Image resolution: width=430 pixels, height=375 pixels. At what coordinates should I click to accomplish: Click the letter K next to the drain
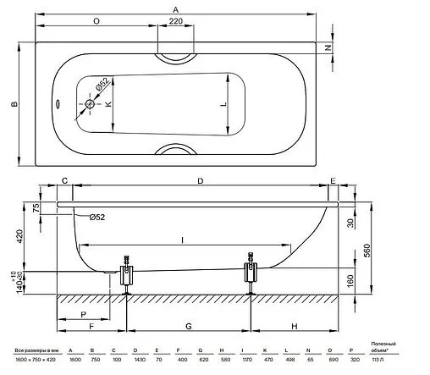[x=107, y=104]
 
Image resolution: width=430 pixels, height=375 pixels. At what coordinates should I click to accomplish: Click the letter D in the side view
[x=200, y=182]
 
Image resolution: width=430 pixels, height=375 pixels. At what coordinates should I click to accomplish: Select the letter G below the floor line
[x=188, y=326]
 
